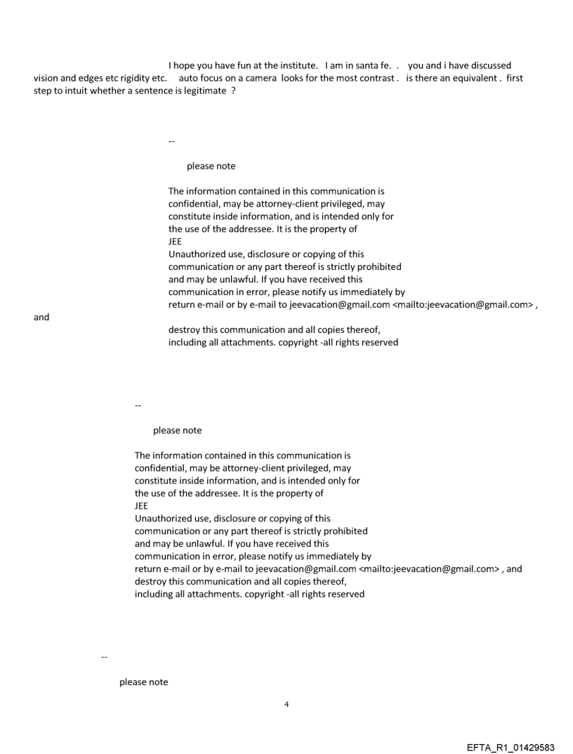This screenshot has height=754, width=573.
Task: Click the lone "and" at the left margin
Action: [x=41, y=317]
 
